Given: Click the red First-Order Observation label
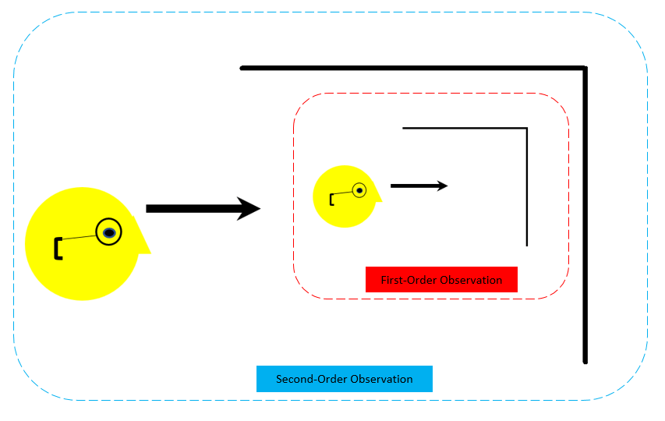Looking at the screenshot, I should (441, 280).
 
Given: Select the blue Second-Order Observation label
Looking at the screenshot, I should (344, 379).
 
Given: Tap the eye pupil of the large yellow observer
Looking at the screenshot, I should (110, 232).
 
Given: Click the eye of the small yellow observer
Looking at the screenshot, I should (359, 189).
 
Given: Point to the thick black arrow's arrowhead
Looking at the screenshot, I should (249, 208).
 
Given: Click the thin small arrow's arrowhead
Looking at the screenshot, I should (444, 186).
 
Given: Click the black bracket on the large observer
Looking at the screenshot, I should (58, 248).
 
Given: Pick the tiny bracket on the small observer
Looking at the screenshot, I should (332, 200).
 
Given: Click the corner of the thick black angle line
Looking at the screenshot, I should (585, 69).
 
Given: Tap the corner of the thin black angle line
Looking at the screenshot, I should (527, 128).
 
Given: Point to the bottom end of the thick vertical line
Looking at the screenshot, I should (585, 361).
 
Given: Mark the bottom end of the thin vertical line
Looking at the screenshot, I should (527, 244).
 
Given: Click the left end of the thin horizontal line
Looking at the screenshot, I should (403, 128).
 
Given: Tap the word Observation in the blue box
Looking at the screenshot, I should (381, 379).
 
